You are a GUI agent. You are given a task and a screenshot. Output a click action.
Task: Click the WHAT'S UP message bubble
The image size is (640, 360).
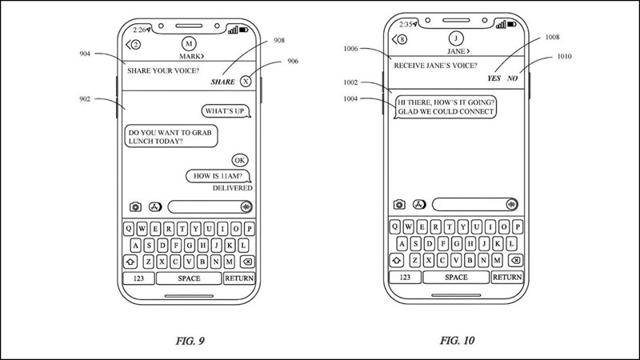[224, 110]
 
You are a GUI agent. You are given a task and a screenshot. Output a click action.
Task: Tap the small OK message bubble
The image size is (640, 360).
[240, 159]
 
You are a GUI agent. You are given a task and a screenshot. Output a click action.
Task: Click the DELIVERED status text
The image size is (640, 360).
[232, 188]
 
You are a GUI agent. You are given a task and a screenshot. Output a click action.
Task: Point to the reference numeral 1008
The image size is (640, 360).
[551, 36]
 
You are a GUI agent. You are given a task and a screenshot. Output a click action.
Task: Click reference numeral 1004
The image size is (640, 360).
[351, 99]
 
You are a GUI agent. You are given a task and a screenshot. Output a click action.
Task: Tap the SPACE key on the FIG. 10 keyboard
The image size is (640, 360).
[456, 277]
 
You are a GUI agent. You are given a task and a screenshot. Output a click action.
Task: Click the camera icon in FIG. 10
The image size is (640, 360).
[398, 205]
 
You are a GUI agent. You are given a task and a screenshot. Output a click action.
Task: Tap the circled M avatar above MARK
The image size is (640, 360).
[189, 42]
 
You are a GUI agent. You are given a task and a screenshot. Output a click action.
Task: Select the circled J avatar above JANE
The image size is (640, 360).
[456, 37]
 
